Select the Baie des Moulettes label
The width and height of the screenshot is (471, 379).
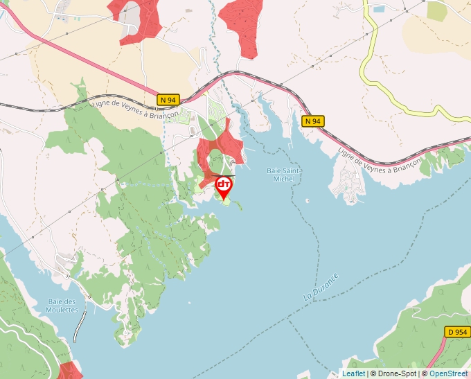tap(62, 306)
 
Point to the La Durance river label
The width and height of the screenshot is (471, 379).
tap(321, 286)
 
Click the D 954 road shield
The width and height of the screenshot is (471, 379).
tap(457, 332)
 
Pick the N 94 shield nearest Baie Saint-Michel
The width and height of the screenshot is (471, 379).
tap(313, 121)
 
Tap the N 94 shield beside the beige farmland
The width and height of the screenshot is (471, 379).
tap(168, 100)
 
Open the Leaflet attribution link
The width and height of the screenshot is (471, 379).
tap(353, 373)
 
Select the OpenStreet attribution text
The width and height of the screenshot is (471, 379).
tap(450, 373)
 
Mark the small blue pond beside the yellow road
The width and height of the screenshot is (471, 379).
tap(378, 10)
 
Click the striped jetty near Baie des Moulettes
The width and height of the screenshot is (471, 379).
tap(81, 326)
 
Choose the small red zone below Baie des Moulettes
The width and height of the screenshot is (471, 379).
tap(69, 371)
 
